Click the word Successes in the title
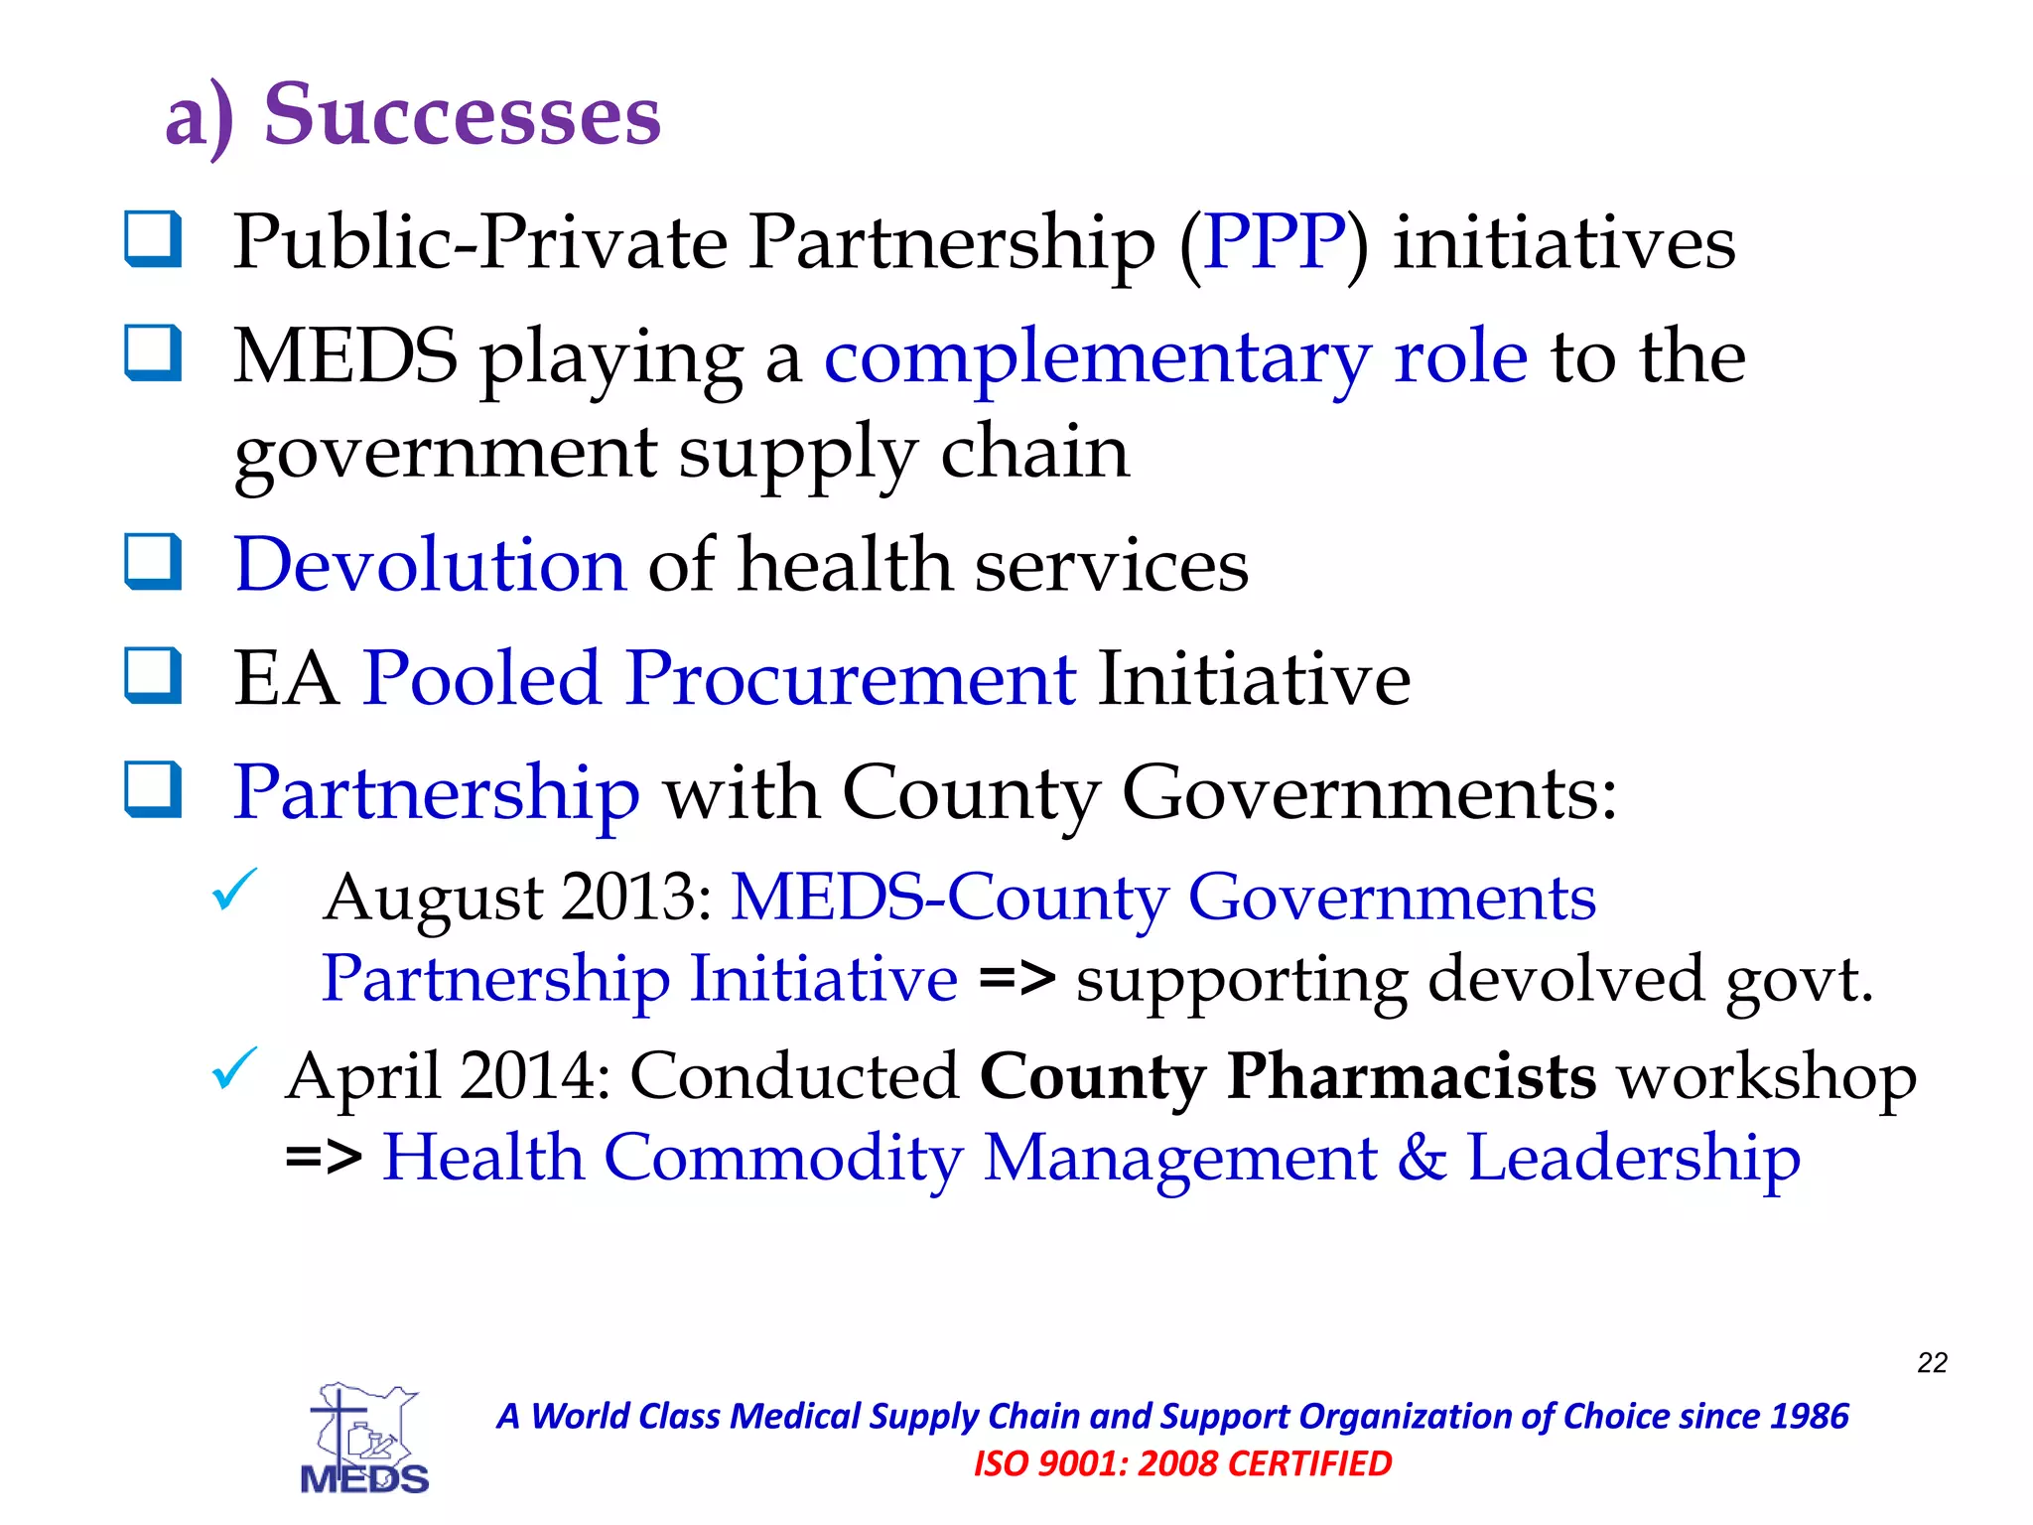(462, 115)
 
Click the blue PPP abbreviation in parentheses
(1274, 242)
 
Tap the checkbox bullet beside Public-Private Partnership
(153, 239)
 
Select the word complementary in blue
(1097, 357)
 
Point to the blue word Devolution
(430, 565)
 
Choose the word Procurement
(851, 679)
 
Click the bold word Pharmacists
(1412, 1077)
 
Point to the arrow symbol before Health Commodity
(324, 1158)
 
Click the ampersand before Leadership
(1422, 1159)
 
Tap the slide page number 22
(1932, 1362)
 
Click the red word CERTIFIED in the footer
(1310, 1463)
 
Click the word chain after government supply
(1034, 453)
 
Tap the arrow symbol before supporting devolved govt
(1016, 979)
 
